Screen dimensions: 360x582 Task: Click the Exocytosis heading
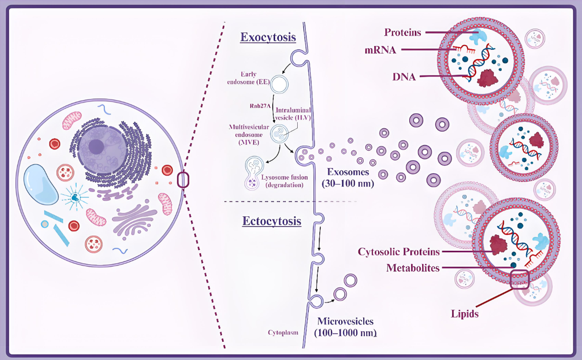[268, 37]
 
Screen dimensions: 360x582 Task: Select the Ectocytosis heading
[272, 221]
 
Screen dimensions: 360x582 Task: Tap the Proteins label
[403, 33]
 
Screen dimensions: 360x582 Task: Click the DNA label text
[403, 77]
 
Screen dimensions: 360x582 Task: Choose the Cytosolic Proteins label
[399, 252]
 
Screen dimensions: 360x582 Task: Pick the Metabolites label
[413, 268]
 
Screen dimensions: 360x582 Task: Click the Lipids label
[465, 314]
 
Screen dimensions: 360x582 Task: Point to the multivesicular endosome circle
[280, 134]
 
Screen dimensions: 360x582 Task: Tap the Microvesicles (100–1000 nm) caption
[345, 326]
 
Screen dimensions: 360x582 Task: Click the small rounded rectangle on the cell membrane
[183, 180]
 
